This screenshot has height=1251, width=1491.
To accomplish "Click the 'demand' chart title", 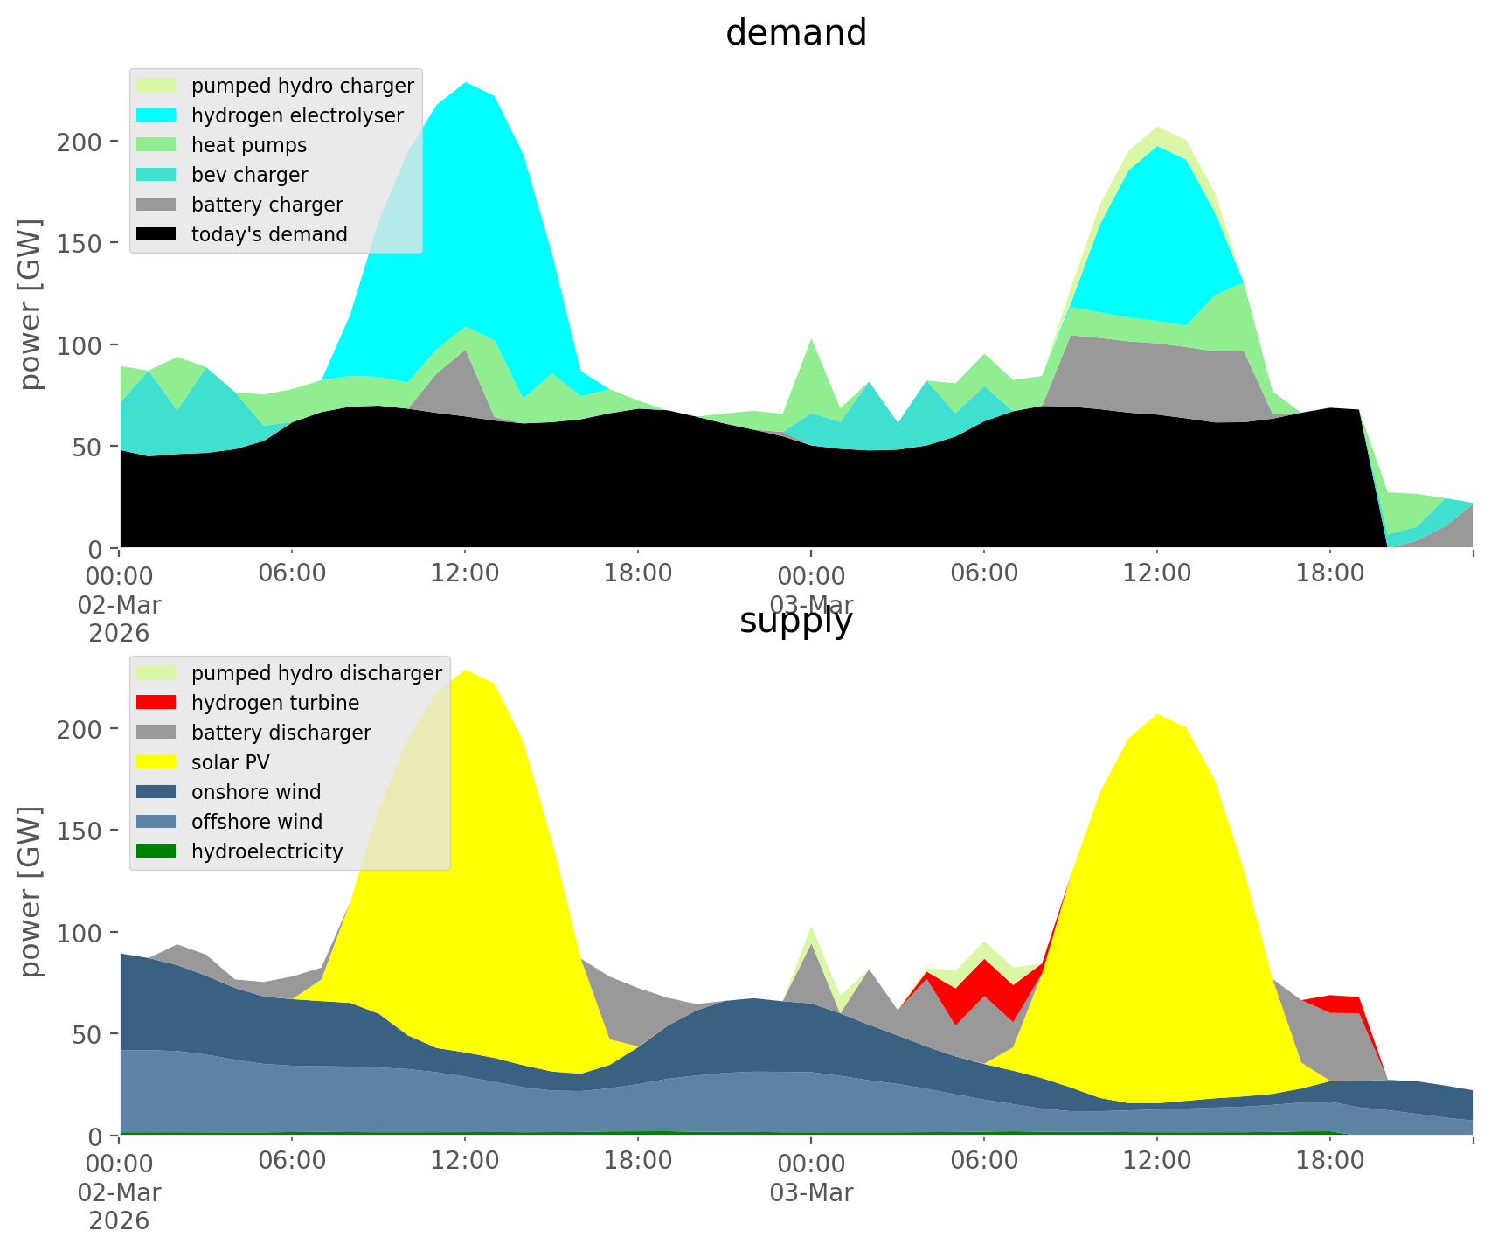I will [x=795, y=33].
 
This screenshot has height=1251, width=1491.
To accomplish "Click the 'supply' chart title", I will [x=795, y=621].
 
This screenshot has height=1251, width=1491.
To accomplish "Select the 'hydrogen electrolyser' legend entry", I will [x=297, y=115].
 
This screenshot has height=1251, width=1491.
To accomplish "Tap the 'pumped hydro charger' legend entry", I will [x=302, y=86].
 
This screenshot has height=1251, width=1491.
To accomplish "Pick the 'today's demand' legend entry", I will [x=269, y=234].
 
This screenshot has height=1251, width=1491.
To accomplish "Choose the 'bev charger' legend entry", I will [x=249, y=175].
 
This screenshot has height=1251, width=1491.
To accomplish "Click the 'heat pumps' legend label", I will [x=249, y=145].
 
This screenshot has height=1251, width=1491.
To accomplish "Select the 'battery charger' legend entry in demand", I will [x=267, y=205].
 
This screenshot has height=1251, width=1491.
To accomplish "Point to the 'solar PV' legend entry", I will [x=231, y=762].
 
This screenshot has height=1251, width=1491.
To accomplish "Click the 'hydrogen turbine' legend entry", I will [x=275, y=703].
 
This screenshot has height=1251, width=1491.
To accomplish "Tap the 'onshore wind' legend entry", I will [x=256, y=792].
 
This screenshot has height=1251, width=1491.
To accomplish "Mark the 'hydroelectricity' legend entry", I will [x=267, y=851].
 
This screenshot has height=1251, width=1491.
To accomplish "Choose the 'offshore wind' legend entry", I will [x=257, y=822].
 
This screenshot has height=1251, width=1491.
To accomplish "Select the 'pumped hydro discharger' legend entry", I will [x=316, y=673].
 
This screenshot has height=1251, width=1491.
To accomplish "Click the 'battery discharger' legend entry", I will [x=281, y=733].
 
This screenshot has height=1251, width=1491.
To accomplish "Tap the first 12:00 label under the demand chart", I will [x=465, y=575].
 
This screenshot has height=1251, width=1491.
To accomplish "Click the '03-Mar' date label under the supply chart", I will [x=811, y=1192].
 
